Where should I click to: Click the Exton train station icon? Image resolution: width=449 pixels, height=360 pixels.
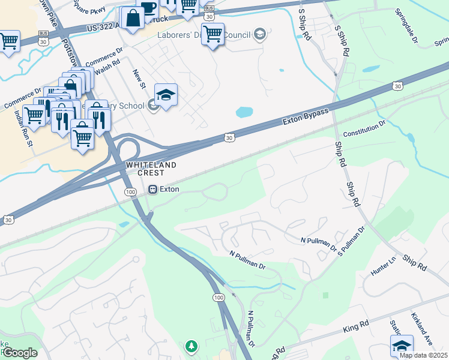[x=153, y=189]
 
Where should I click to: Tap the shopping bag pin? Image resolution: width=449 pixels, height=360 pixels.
[x=133, y=18]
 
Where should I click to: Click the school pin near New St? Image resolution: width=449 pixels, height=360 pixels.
[x=166, y=95]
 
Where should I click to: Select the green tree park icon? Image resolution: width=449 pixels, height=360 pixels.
[x=191, y=346]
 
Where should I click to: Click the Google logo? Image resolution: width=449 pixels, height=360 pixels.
[x=19, y=353]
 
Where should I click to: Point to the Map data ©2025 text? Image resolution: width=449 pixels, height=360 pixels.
[x=423, y=355]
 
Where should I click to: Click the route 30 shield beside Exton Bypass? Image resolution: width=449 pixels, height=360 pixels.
[x=229, y=138]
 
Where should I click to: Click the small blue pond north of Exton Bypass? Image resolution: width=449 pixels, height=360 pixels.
[x=244, y=112]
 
